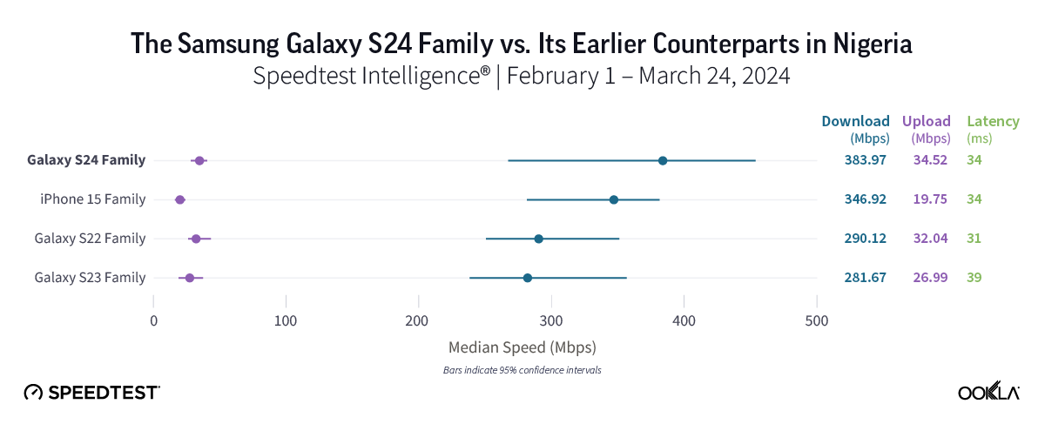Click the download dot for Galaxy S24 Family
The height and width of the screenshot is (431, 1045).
click(x=663, y=160)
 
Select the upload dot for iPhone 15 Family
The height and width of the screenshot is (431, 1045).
click(x=180, y=200)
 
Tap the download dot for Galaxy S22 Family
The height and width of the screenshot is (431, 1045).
click(x=539, y=239)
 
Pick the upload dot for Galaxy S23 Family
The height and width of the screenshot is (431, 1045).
click(x=190, y=278)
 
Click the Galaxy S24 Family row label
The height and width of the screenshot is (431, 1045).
click(x=86, y=160)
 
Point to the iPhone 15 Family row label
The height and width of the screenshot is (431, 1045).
click(x=93, y=199)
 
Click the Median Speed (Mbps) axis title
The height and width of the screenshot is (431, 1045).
click(x=522, y=347)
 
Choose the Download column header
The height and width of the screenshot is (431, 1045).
click(x=855, y=121)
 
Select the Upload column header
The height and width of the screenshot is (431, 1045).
click(x=926, y=121)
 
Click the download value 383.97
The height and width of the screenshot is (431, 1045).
click(x=865, y=160)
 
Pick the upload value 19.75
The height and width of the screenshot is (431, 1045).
click(x=929, y=199)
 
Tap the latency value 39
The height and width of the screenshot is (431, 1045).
click(x=974, y=278)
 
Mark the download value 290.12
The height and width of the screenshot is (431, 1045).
click(x=865, y=239)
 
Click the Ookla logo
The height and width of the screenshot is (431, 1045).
click(x=988, y=393)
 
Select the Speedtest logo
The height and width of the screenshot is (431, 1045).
click(x=91, y=393)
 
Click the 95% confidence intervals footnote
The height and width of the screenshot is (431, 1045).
click(x=522, y=370)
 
